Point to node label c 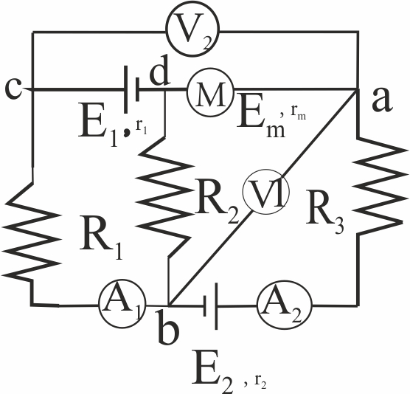point(14,89)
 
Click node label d point(159,71)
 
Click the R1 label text point(101,238)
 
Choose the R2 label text point(218,201)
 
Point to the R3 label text point(324,212)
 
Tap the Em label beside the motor point(261,120)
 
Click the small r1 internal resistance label point(141,128)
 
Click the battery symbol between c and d point(132,89)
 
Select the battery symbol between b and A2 point(211,306)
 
